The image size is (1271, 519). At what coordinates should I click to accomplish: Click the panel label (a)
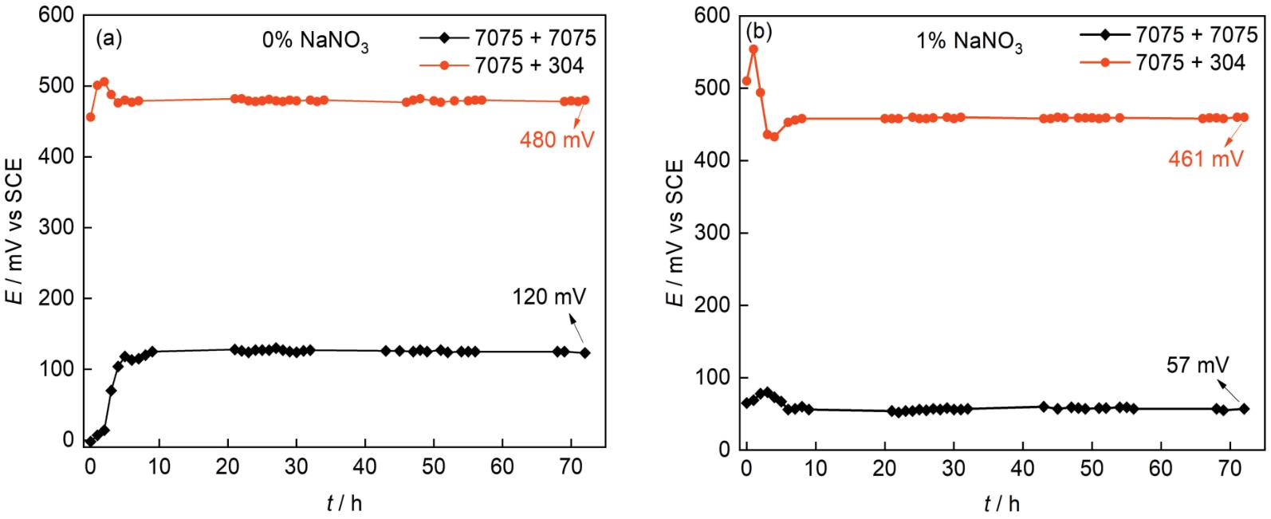108,38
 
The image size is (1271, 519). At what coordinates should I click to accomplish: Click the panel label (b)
758,32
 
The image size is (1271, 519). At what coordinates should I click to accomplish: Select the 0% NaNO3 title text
315,41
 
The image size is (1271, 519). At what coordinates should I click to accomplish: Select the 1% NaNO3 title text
969,41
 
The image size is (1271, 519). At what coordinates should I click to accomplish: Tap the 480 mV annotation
557,140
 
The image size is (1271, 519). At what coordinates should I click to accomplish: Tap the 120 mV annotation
549,297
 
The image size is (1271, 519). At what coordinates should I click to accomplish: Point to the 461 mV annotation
1206,159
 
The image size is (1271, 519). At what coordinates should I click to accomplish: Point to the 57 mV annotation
1198,365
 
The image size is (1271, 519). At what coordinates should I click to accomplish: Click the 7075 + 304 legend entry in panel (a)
529,65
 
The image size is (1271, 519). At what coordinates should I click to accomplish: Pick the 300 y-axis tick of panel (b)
711,233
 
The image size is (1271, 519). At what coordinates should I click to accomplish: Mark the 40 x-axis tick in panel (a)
365,466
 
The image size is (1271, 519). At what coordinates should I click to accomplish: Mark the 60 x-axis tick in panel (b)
1161,468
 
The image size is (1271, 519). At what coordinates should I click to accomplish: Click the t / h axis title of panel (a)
344,503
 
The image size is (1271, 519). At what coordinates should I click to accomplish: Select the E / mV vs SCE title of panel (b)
675,232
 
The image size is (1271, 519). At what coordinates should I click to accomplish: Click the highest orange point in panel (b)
753,49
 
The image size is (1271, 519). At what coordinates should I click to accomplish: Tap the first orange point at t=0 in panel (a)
90,117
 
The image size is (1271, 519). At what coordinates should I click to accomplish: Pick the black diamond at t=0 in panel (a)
89,441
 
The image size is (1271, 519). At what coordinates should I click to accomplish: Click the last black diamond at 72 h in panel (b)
1244,409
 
